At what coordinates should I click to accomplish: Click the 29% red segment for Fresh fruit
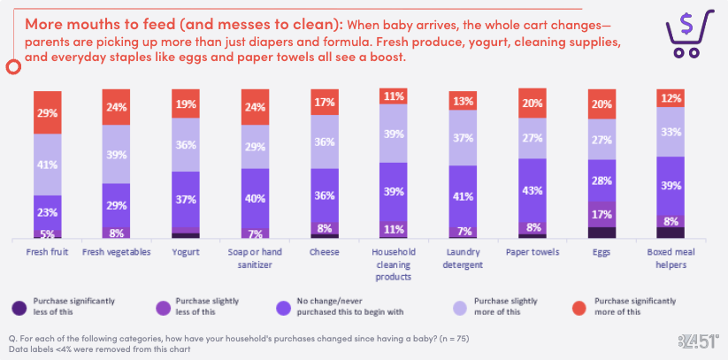click(x=48, y=112)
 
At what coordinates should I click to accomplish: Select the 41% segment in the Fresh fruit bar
click(x=48, y=165)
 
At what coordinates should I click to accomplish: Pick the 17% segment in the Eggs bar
click(x=602, y=213)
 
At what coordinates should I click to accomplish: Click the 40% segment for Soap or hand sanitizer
click(x=256, y=198)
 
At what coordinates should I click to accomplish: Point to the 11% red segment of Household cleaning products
click(x=394, y=96)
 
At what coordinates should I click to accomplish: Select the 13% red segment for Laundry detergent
click(x=463, y=100)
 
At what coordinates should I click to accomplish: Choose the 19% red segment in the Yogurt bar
click(x=187, y=103)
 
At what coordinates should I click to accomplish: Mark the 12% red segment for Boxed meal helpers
click(x=671, y=98)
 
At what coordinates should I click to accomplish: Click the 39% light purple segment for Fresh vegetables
click(x=117, y=154)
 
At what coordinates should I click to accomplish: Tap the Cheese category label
click(x=325, y=252)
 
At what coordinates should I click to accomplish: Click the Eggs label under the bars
click(x=602, y=252)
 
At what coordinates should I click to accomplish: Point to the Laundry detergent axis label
click(x=463, y=257)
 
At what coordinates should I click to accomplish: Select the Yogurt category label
click(x=187, y=252)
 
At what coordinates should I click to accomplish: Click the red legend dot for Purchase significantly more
click(x=580, y=306)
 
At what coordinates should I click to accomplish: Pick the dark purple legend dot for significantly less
click(x=19, y=306)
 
